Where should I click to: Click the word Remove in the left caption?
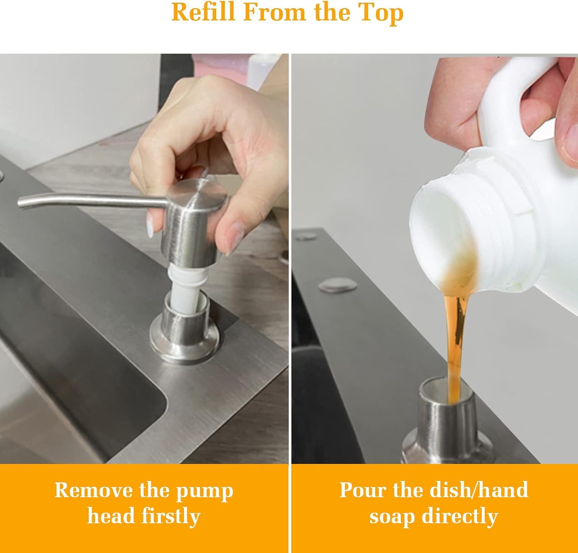click(94, 490)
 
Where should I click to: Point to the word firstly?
click(171, 516)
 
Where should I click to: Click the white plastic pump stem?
click(184, 287)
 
